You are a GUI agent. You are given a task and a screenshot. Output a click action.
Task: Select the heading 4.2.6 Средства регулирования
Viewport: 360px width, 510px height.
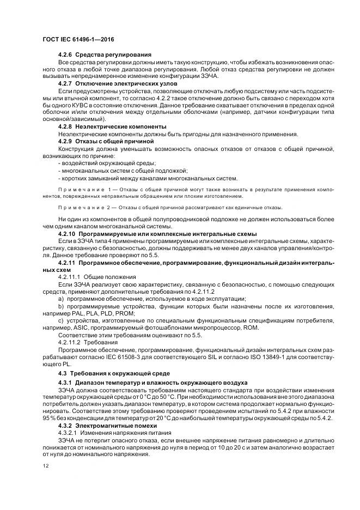click(105, 55)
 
